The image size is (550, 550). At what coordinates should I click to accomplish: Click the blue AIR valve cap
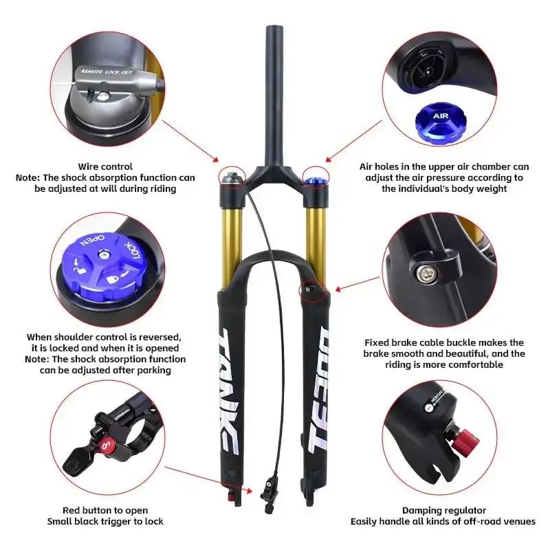point(441,123)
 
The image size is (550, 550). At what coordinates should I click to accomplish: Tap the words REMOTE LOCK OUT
point(107,72)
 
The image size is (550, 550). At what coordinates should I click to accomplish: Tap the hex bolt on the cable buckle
point(423,272)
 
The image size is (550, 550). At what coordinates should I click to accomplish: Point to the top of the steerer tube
point(274,27)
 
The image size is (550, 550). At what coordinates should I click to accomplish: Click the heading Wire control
point(105,166)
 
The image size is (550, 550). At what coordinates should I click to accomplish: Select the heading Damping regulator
point(444,510)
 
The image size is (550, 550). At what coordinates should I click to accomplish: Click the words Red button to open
point(105,510)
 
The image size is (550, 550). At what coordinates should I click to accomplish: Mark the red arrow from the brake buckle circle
point(357,284)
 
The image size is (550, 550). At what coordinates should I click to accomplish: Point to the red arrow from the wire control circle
point(190,141)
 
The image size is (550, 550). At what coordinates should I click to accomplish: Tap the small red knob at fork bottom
point(230,496)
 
